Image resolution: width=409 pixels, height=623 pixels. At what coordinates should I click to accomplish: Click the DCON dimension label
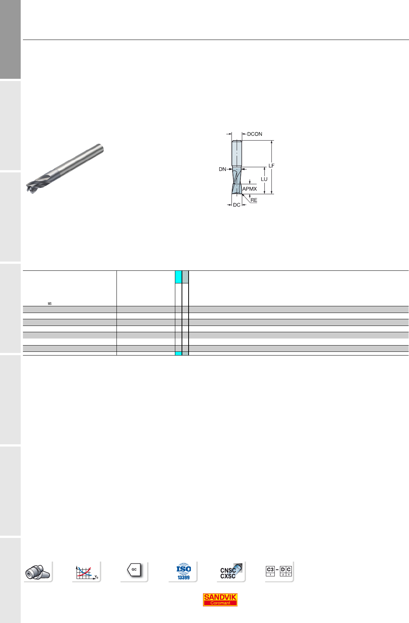[254, 134]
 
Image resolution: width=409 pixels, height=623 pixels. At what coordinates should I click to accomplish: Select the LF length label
[271, 166]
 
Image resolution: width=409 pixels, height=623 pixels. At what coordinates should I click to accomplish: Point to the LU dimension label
[264, 179]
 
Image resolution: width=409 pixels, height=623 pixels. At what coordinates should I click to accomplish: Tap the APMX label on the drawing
[249, 189]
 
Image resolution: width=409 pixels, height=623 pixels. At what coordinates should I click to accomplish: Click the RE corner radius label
[254, 200]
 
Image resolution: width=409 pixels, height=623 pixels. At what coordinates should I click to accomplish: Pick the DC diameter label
[237, 205]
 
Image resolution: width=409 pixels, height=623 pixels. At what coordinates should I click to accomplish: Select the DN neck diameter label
[222, 169]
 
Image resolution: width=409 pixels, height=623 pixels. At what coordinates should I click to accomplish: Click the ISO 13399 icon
[183, 572]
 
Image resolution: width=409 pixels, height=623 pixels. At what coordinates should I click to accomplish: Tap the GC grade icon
[134, 570]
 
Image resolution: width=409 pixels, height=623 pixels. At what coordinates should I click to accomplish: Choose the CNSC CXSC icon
[231, 572]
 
